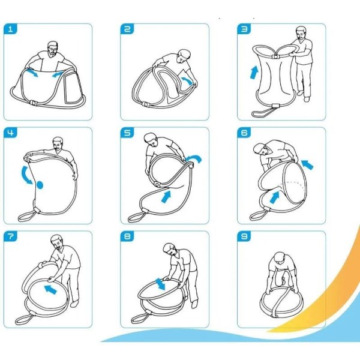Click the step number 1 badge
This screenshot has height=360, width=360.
[x=10, y=29]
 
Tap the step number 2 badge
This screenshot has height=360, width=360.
[x=127, y=29]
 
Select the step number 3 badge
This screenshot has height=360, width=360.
[x=244, y=29]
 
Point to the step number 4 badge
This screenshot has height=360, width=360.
[x=10, y=133]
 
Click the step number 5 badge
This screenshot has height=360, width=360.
[x=127, y=133]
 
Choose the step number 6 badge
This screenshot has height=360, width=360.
[x=244, y=133]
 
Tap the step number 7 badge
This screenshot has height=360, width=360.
[x=10, y=236]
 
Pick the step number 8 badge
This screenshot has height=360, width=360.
[x=127, y=236]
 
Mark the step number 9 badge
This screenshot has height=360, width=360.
[x=244, y=236]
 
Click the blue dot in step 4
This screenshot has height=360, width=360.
[x=40, y=185]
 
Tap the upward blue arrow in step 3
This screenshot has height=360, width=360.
[x=254, y=73]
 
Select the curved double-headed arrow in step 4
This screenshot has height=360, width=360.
[x=25, y=176]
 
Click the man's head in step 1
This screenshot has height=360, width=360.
[x=53, y=48]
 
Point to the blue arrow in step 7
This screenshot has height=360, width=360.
[x=50, y=289]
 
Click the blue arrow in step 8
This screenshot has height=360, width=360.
[x=160, y=284]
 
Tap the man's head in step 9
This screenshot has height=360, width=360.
[x=280, y=257]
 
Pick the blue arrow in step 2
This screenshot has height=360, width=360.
[x=188, y=81]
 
